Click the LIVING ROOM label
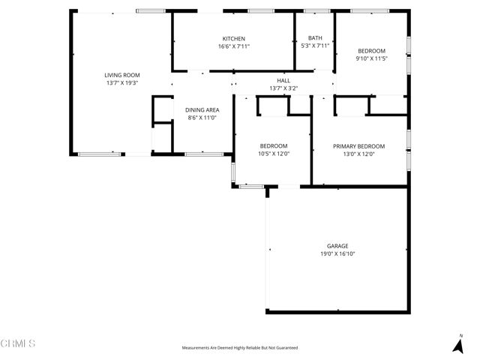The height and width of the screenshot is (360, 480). (x=121, y=75)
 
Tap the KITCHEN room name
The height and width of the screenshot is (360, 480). (x=233, y=39)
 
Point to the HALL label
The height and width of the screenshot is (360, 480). (x=283, y=80)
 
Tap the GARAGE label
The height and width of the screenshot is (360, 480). (x=337, y=246)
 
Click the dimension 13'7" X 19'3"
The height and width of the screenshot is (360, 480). (x=121, y=82)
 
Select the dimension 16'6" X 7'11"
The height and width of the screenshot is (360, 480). (x=233, y=46)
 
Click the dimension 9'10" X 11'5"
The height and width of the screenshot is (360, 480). (x=370, y=58)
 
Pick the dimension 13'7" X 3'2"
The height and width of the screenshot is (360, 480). (x=283, y=88)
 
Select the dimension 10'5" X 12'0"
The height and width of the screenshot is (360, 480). (x=273, y=154)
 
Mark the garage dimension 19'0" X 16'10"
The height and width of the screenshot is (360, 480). (x=337, y=253)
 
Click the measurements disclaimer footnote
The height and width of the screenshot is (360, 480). (x=240, y=348)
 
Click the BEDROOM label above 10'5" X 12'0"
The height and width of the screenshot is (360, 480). (x=273, y=146)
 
